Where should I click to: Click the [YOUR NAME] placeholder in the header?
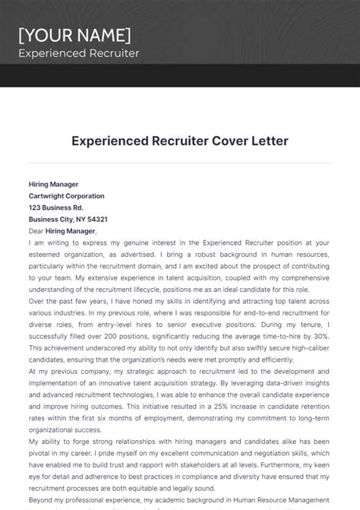(x=74, y=35)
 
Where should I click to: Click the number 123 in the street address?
(x=36, y=207)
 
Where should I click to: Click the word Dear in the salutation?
(x=36, y=231)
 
